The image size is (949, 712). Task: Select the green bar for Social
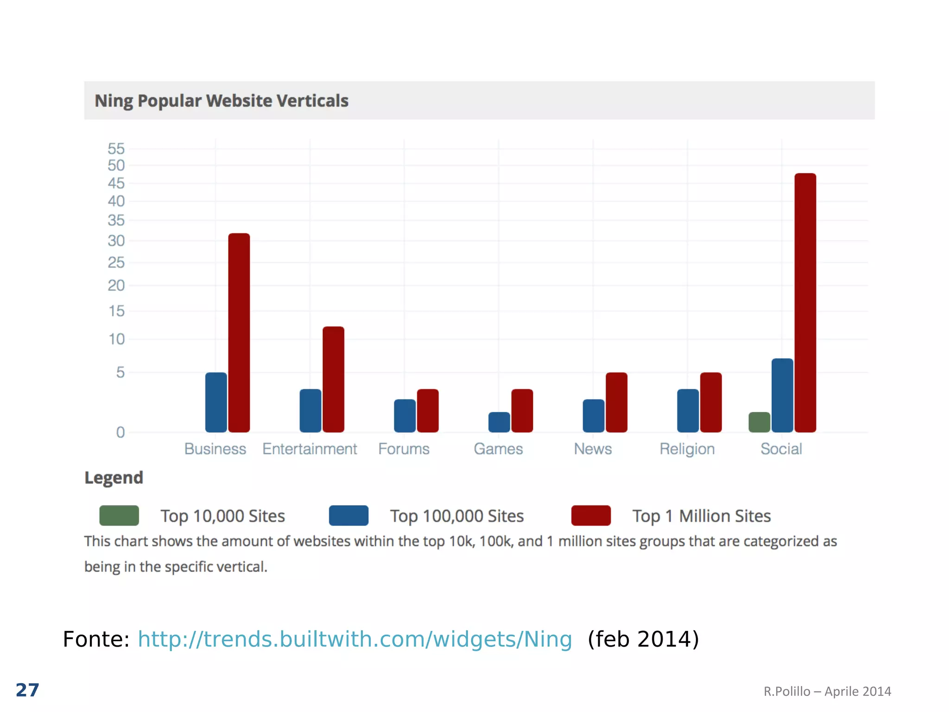[759, 422]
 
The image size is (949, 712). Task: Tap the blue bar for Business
[216, 402]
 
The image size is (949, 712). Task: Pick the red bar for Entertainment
[333, 379]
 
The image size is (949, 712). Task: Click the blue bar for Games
[499, 422]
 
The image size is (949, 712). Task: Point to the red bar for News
[616, 402]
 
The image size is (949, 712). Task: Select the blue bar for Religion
[688, 411]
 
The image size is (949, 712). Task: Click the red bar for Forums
[427, 411]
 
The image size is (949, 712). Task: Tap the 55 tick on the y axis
[116, 149]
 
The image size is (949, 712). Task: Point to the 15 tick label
[116, 311]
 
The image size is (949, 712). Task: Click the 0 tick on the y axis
[120, 432]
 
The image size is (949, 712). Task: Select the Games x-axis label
[498, 449]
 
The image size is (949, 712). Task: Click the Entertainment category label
[310, 449]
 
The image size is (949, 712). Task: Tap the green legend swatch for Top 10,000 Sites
[119, 515]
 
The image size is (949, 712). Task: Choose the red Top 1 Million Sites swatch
[591, 515]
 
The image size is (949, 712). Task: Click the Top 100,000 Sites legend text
[456, 516]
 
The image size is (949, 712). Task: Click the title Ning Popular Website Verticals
[221, 101]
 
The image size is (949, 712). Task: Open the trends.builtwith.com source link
[355, 639]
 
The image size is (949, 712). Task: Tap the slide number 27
[27, 690]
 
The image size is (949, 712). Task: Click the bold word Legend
[114, 478]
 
